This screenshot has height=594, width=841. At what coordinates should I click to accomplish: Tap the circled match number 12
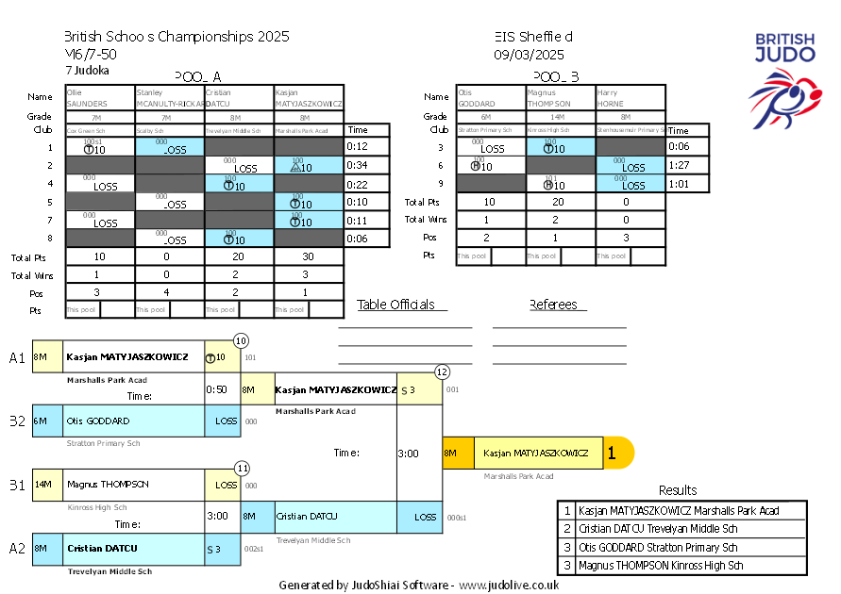click(442, 371)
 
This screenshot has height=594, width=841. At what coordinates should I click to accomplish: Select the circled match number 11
click(243, 468)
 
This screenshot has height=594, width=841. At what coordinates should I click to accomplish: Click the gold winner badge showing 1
click(613, 454)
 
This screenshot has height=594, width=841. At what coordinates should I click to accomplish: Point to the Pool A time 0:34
click(357, 166)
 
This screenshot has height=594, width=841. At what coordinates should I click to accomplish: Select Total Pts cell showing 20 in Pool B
click(560, 202)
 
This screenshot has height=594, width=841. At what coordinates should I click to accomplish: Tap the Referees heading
click(558, 305)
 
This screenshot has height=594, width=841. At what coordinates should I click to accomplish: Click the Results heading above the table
click(678, 490)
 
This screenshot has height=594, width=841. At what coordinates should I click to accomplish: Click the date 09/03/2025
click(529, 55)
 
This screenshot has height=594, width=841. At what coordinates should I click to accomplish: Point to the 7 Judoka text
click(87, 71)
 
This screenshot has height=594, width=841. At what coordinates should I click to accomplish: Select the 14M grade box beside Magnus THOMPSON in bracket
click(42, 484)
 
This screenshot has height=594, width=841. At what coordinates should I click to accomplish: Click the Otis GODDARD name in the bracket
click(98, 421)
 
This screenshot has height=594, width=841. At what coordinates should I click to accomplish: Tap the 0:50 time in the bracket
click(217, 389)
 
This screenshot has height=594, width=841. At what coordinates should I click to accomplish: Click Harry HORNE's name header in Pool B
click(630, 98)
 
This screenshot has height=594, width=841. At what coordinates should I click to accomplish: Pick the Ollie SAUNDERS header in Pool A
click(99, 98)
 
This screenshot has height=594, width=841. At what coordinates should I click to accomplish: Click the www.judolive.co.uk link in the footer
click(510, 585)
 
